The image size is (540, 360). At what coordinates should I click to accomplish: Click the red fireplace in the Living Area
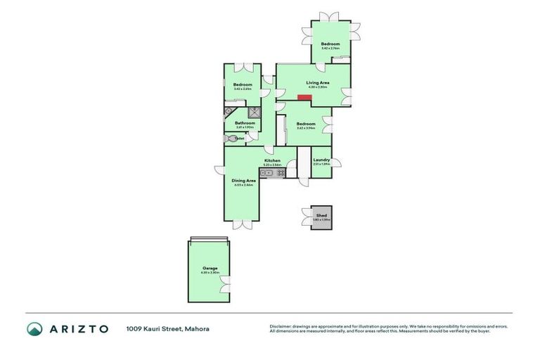pos(304,97)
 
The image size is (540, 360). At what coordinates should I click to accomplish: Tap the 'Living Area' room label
pos(308,83)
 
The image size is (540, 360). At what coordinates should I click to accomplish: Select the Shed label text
pos(321,217)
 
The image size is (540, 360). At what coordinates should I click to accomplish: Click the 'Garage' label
pos(210,268)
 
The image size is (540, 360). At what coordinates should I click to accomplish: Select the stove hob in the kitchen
pos(280,172)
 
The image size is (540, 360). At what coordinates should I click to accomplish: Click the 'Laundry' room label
pos(321,160)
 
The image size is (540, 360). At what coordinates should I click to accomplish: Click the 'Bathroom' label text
pos(244,123)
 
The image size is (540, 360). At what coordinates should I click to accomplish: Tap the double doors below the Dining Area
pos(242,224)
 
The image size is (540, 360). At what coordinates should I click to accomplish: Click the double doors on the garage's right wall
pos(225,284)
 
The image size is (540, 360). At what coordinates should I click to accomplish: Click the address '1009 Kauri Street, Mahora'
pos(167,328)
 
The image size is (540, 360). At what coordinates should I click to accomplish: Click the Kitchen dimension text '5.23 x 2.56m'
pos(272,165)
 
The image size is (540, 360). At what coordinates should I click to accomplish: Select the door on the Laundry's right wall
pos(335,163)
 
